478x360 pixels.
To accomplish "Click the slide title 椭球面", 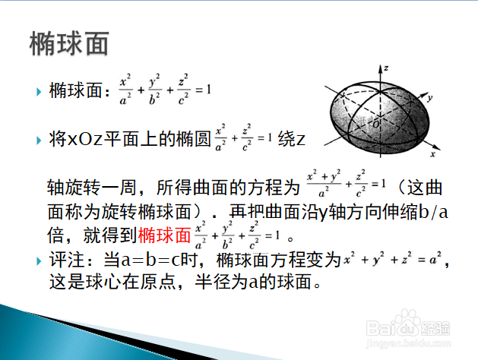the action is point(69,43).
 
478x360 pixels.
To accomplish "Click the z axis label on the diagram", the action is point(386,68).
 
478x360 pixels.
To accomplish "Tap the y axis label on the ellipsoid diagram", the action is point(429,99).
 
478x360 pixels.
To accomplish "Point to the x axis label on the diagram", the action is point(432,154).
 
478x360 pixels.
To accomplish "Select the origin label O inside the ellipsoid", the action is point(376,125).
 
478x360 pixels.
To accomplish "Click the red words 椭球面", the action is point(164,235).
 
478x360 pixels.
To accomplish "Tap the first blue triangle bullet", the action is point(39,92).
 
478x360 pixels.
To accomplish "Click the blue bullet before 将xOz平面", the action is point(39,141).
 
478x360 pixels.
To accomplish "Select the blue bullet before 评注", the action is point(39,261).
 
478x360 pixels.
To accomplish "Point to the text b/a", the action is point(433,213).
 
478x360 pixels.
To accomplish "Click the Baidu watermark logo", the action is point(408,325).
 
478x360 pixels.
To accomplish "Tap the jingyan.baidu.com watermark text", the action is point(409,343).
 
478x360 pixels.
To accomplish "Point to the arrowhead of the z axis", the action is point(381,68).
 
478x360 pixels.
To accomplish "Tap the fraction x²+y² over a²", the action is point(324,184).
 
